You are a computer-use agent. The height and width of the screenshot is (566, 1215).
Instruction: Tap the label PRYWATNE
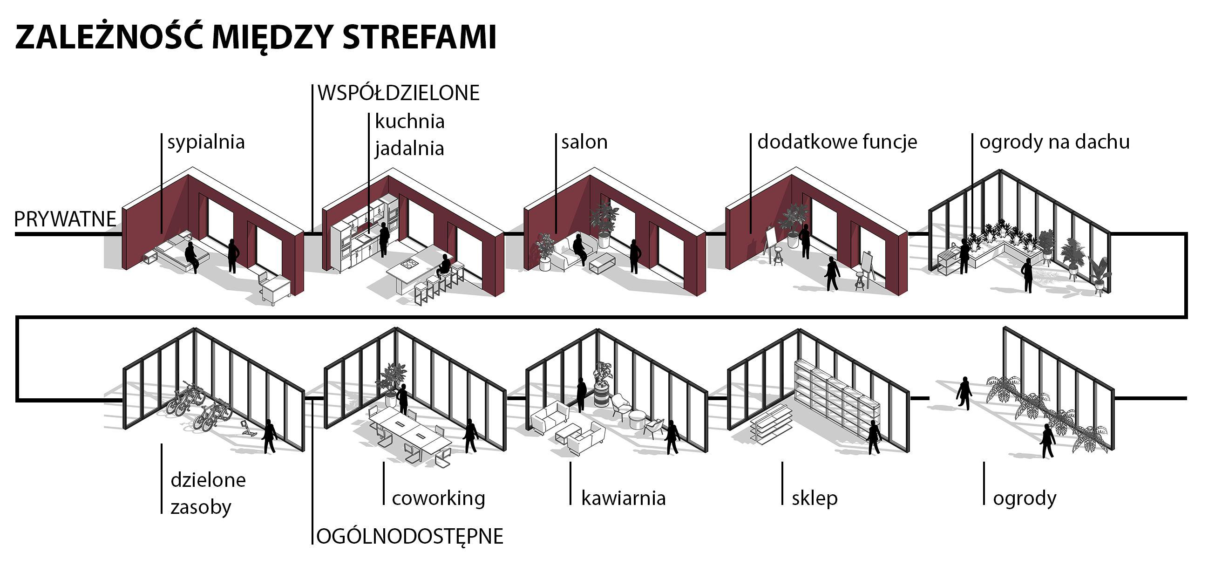click(x=65, y=219)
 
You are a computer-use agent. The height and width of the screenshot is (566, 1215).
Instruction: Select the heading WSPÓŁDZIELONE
click(x=399, y=93)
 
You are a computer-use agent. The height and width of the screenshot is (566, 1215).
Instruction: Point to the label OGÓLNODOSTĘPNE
click(x=409, y=536)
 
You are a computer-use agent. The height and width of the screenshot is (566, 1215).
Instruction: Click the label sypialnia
click(x=206, y=142)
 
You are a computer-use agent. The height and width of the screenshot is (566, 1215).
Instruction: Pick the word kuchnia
click(x=409, y=122)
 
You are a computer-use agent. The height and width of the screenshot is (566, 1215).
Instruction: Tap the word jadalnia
click(x=409, y=149)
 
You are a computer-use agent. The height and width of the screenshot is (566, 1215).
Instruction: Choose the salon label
click(x=584, y=142)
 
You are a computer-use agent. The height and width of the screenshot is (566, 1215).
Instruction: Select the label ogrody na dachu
click(x=1054, y=142)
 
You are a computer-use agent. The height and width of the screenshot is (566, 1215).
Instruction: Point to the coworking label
click(x=438, y=498)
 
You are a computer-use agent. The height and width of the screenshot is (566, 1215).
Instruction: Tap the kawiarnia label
click(x=623, y=498)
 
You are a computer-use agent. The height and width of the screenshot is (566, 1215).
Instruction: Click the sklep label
click(x=815, y=498)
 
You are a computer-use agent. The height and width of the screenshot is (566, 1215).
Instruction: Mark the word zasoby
click(x=201, y=507)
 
